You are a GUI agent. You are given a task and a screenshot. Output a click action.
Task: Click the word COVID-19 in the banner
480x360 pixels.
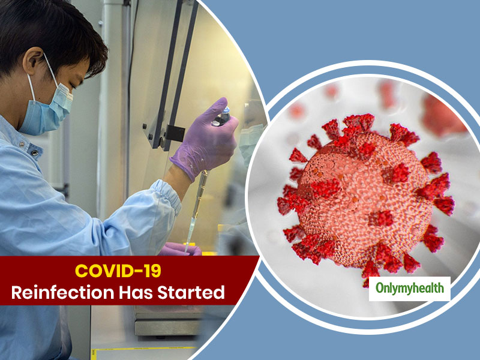pyautogui.click(x=118, y=271)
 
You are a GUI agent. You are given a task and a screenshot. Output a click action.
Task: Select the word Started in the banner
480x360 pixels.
pyautogui.click(x=191, y=292)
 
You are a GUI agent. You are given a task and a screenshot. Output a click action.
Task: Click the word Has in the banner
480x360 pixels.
pyautogui.click(x=136, y=292)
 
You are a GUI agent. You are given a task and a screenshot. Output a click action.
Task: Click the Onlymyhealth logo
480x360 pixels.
pyautogui.click(x=410, y=289)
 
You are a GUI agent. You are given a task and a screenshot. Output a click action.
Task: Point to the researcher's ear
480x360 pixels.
pyautogui.click(x=34, y=61)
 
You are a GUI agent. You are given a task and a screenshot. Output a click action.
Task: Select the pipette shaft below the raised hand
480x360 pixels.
pyautogui.click(x=196, y=211)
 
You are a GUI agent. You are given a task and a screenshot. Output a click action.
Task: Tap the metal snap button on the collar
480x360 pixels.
pyautogui.click(x=34, y=152)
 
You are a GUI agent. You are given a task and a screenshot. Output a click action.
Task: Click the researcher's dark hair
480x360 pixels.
pyautogui.click(x=49, y=34)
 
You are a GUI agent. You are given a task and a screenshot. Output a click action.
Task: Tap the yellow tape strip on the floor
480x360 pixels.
pyautogui.click(x=143, y=349)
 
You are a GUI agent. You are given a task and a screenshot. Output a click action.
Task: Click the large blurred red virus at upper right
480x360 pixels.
pyautogui.click(x=444, y=115)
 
